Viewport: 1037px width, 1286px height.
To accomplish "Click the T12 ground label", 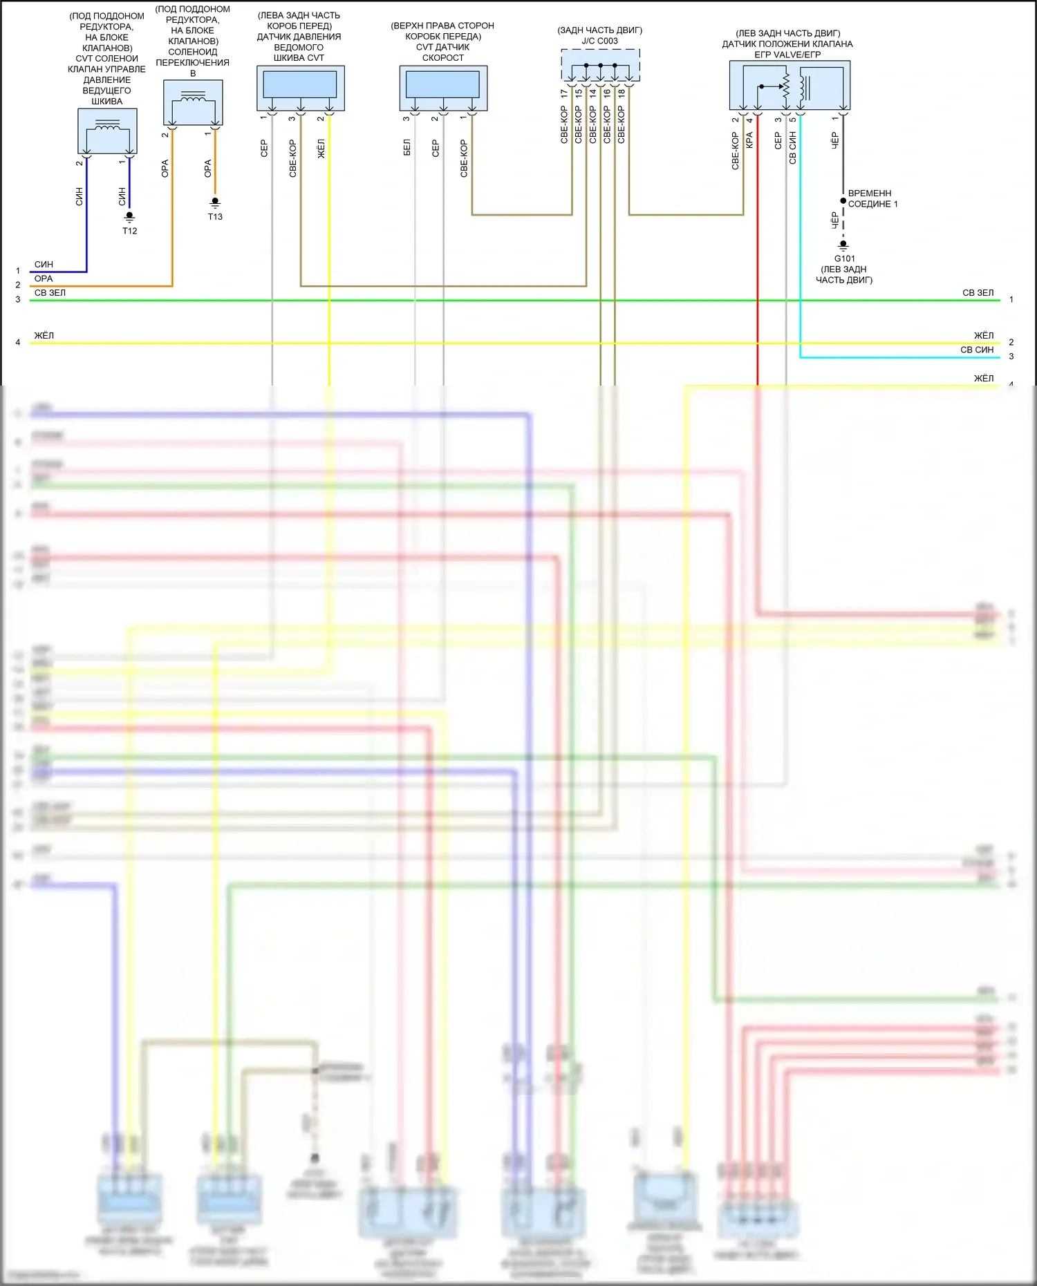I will pos(129,231).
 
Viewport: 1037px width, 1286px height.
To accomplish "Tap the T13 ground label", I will pos(215,216).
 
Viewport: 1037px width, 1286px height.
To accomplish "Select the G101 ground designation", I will pos(844,258).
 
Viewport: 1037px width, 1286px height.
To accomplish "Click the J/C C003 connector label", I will pos(599,41).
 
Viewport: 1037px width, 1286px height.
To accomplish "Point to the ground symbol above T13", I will pos(215,203).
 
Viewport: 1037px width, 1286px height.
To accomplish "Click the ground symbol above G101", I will pos(843,245).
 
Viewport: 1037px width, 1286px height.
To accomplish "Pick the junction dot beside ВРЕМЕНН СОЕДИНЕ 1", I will pos(843,201).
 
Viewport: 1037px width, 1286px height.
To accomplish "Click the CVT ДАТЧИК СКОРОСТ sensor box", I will pos(443,88).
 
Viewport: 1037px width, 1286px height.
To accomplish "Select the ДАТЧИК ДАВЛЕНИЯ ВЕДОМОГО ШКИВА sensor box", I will pos(300,88).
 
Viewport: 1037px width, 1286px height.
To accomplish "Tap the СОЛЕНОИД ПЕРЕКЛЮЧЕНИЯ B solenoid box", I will pos(193,102).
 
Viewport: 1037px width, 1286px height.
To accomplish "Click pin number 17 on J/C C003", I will pos(564,93).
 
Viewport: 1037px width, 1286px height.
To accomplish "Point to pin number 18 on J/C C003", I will pos(622,93).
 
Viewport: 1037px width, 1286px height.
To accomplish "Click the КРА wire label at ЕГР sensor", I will pos(749,140).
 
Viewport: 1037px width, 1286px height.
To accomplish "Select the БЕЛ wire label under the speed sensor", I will pos(407,147).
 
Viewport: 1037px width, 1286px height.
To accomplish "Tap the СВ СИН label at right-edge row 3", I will pos(976,350).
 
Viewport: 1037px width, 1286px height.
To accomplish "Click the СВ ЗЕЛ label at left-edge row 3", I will pos(50,293).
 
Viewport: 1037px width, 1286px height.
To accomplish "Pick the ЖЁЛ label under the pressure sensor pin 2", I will pos(321,149).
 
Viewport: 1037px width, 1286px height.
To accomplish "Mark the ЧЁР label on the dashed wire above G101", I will pos(834,220).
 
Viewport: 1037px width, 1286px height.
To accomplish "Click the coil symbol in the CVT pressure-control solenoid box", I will pos(107,126).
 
